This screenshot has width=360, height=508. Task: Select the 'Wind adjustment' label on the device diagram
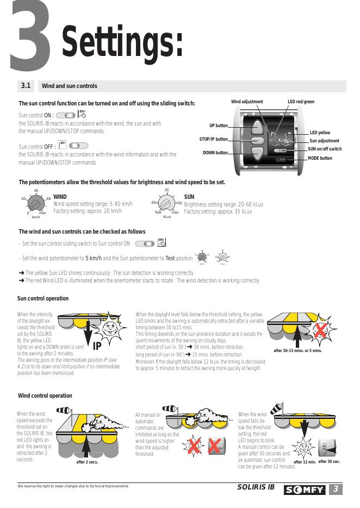pos(247,102)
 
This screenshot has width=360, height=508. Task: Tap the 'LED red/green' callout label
pos(301,102)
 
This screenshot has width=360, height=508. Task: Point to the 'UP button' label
pos(219,126)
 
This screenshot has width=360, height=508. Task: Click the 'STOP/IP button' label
pos(214,139)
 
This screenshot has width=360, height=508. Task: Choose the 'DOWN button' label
pos(215,153)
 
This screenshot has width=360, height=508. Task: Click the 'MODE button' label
pos(320,158)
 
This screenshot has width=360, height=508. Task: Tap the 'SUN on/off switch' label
pos(325,149)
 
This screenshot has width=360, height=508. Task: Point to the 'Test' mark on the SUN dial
pos(158,212)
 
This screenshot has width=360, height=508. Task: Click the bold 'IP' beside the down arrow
pos(97,347)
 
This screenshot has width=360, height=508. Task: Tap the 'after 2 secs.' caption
pos(88,463)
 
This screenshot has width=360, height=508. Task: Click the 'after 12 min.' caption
pos(305,462)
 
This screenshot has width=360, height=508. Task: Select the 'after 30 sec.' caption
pos(329,462)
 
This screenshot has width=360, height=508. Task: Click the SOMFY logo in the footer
pos(305,491)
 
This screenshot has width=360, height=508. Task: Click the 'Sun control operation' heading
pos(43,298)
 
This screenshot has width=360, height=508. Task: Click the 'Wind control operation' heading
pos(45,396)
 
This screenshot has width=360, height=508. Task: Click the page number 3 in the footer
pos(337,490)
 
